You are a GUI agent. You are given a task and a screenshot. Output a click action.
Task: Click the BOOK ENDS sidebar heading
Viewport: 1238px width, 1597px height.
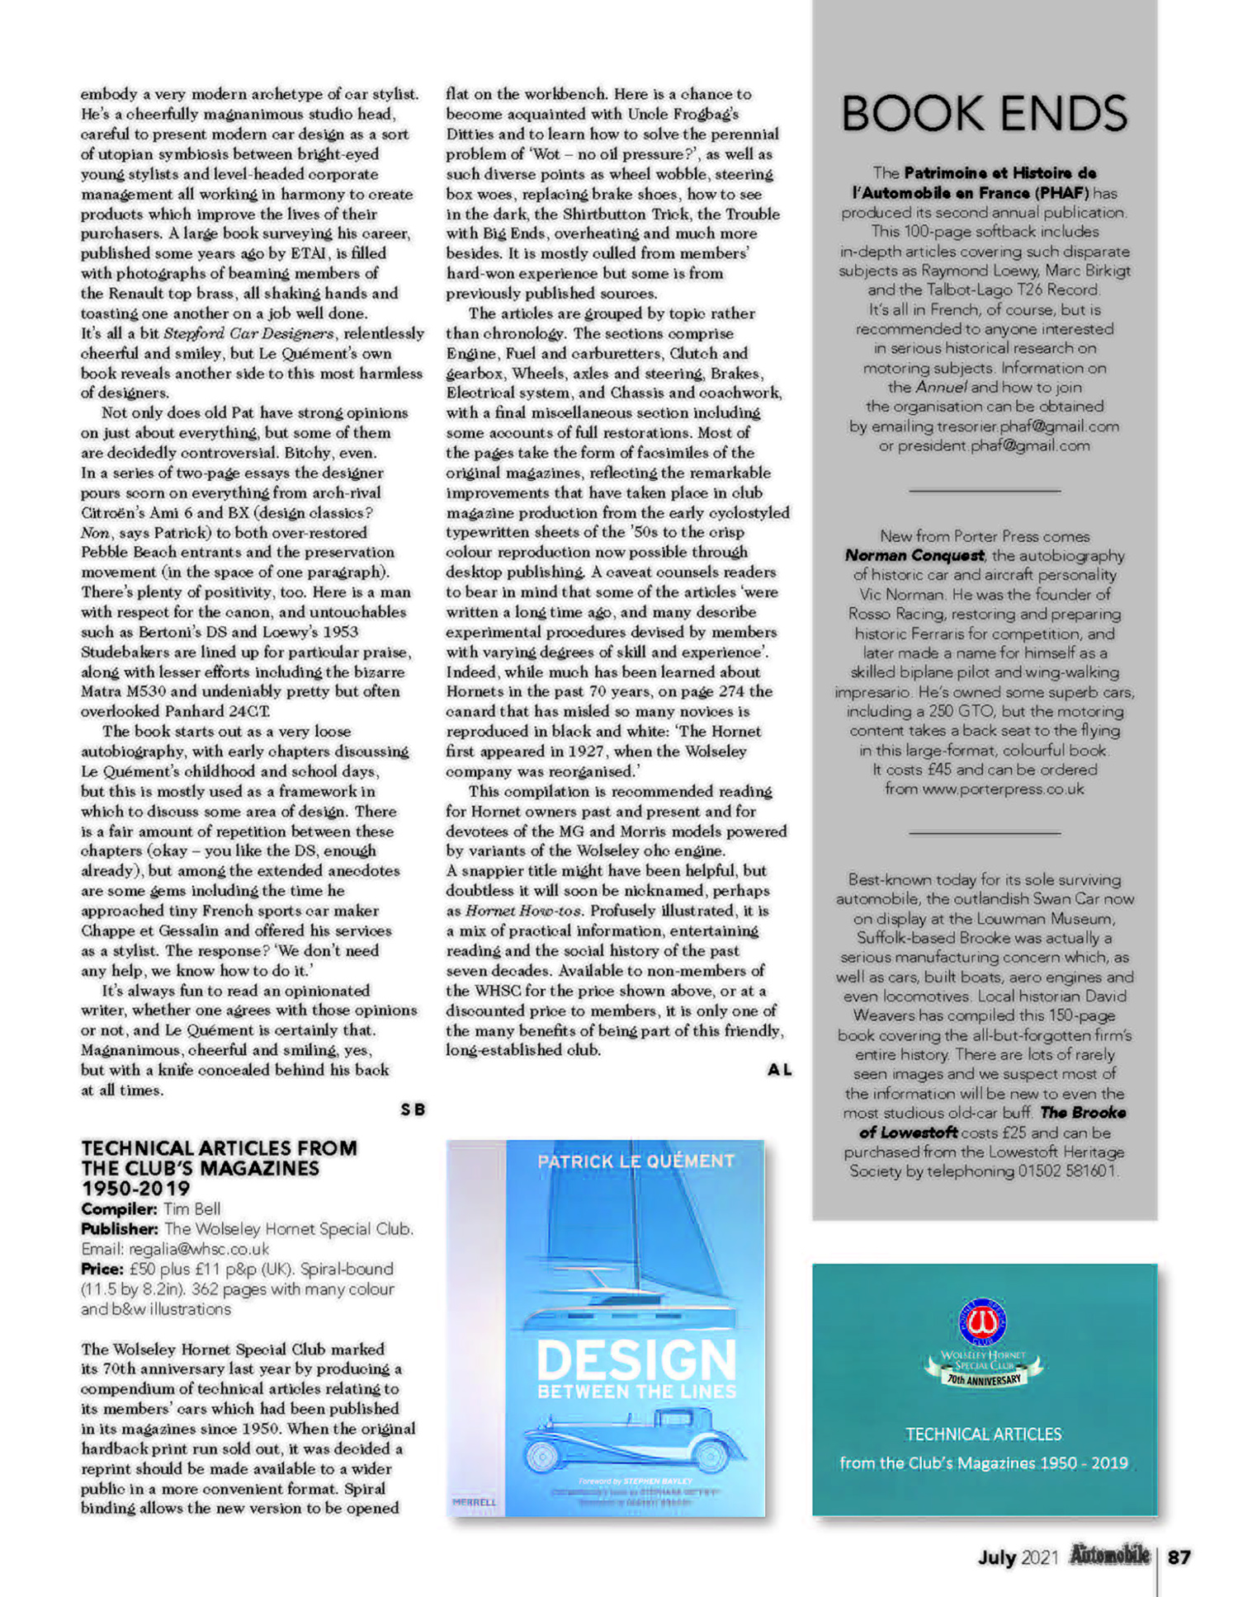pyautogui.click(x=984, y=114)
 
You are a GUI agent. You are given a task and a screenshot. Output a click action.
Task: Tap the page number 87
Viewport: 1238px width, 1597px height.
pyautogui.click(x=1179, y=1557)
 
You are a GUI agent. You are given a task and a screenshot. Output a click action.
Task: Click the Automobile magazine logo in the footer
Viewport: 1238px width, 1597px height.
pyautogui.click(x=1109, y=1556)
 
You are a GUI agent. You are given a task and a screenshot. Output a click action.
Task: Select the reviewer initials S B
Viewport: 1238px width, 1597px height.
pyautogui.click(x=413, y=1109)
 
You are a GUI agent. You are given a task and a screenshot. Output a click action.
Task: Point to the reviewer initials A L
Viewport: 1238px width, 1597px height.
pyautogui.click(x=779, y=1070)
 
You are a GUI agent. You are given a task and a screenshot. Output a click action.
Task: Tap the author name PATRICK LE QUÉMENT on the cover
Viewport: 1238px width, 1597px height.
pyautogui.click(x=636, y=1161)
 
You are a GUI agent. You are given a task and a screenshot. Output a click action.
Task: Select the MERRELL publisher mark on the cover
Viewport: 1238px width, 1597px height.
pyautogui.click(x=474, y=1502)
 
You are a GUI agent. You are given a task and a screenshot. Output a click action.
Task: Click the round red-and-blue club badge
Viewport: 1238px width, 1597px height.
pyautogui.click(x=982, y=1321)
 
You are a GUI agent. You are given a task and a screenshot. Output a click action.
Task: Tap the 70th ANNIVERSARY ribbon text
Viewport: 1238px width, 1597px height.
pyautogui.click(x=984, y=1378)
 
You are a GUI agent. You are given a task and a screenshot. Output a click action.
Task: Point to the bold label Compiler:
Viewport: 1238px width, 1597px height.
pyautogui.click(x=119, y=1209)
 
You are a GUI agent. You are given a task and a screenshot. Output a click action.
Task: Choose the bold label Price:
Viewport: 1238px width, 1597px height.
pyautogui.click(x=102, y=1269)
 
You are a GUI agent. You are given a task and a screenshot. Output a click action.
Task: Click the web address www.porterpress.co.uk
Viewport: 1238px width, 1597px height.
pyautogui.click(x=1003, y=789)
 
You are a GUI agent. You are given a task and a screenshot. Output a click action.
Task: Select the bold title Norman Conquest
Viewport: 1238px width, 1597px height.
pyautogui.click(x=914, y=555)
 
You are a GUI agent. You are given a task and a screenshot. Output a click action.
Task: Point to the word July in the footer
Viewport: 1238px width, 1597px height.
pyautogui.click(x=996, y=1557)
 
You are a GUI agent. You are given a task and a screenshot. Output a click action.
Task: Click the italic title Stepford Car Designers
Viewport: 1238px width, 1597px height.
pyautogui.click(x=249, y=333)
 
